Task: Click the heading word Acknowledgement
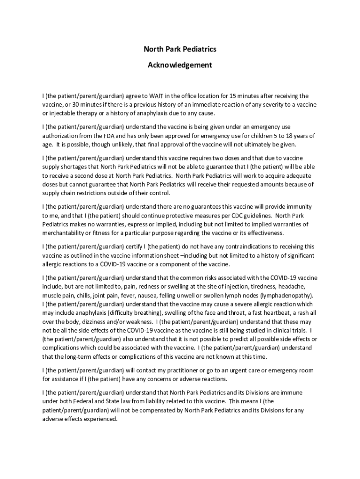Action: [180, 65]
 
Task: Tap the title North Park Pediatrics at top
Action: [180, 49]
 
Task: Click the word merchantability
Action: [65, 233]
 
